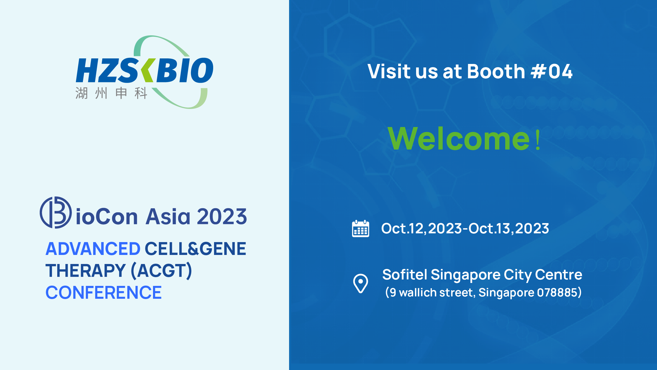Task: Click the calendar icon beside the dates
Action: pyautogui.click(x=361, y=228)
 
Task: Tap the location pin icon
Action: pyautogui.click(x=361, y=283)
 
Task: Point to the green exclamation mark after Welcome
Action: pyautogui.click(x=538, y=140)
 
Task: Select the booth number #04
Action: pyautogui.click(x=552, y=72)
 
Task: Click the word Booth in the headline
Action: pyautogui.click(x=496, y=71)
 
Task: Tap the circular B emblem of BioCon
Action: pyautogui.click(x=55, y=212)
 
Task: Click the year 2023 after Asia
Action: pyautogui.click(x=222, y=217)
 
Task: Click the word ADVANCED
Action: pyautogui.click(x=93, y=249)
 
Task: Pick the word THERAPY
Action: pyautogui.click(x=86, y=271)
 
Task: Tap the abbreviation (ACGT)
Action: pyautogui.click(x=161, y=271)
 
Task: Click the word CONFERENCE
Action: pyautogui.click(x=103, y=293)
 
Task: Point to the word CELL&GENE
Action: pyautogui.click(x=195, y=249)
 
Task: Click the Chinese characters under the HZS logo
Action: pyautogui.click(x=111, y=93)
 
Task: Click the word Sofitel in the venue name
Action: pyautogui.click(x=405, y=275)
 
